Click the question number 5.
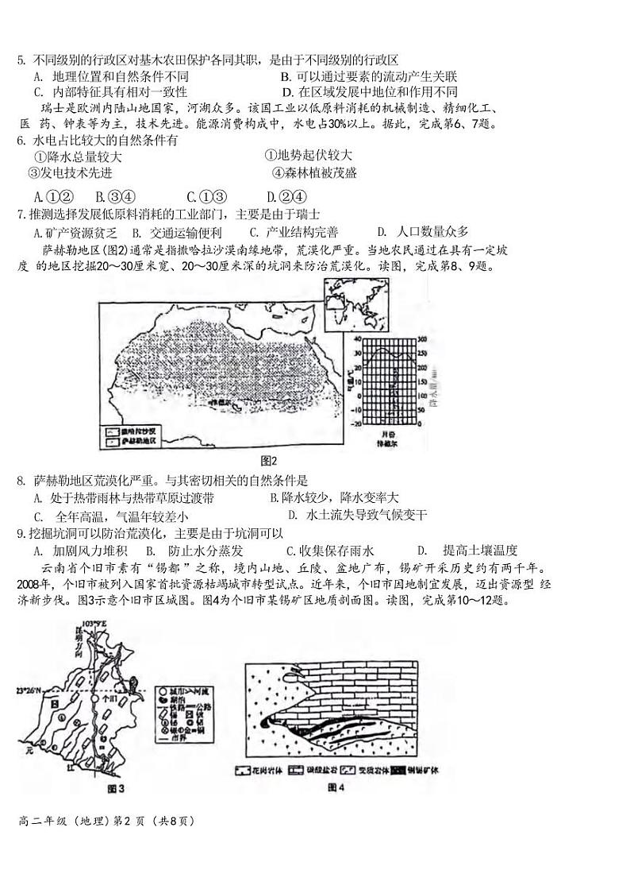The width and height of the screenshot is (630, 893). click(21, 61)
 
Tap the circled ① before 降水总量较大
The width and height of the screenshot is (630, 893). click(40, 157)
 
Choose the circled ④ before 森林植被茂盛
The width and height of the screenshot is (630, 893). click(278, 172)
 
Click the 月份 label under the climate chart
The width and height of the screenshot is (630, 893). click(386, 435)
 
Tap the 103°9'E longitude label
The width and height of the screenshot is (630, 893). click(93, 623)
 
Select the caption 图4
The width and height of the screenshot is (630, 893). click(336, 787)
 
